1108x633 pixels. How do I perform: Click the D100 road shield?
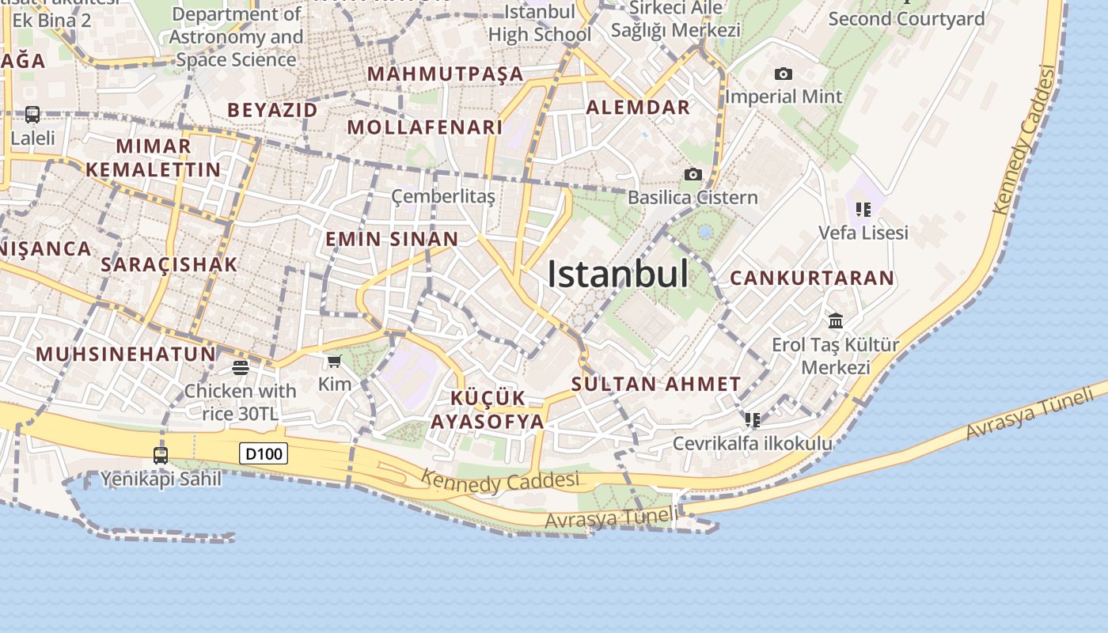pyautogui.click(x=264, y=453)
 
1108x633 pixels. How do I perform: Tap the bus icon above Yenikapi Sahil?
pyautogui.click(x=161, y=455)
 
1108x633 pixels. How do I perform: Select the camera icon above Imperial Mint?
pyautogui.click(x=784, y=74)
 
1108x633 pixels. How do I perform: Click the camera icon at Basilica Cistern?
pyautogui.click(x=693, y=174)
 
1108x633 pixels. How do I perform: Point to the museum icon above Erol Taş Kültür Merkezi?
pyautogui.click(x=836, y=320)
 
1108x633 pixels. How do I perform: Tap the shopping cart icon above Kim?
pyautogui.click(x=334, y=362)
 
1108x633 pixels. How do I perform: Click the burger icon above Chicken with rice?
pyautogui.click(x=241, y=367)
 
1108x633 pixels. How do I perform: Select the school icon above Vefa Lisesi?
pyautogui.click(x=863, y=210)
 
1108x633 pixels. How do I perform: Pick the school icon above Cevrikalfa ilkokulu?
pyautogui.click(x=752, y=419)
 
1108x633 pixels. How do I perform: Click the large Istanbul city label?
pyautogui.click(x=618, y=274)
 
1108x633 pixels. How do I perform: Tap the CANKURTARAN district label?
pyautogui.click(x=812, y=279)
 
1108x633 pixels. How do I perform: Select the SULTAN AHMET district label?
pyautogui.click(x=656, y=385)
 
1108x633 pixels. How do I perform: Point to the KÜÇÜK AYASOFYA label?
pyautogui.click(x=488, y=410)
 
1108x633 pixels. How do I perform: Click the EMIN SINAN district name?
pyautogui.click(x=392, y=239)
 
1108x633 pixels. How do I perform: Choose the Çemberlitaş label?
pyautogui.click(x=443, y=196)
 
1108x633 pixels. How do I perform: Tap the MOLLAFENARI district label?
pyautogui.click(x=425, y=127)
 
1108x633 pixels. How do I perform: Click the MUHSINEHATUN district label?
pyautogui.click(x=126, y=354)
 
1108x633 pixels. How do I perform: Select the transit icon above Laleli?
pyautogui.click(x=32, y=115)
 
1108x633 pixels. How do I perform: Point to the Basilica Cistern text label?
pyautogui.click(x=692, y=197)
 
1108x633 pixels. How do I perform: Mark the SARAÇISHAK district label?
pyautogui.click(x=169, y=264)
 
